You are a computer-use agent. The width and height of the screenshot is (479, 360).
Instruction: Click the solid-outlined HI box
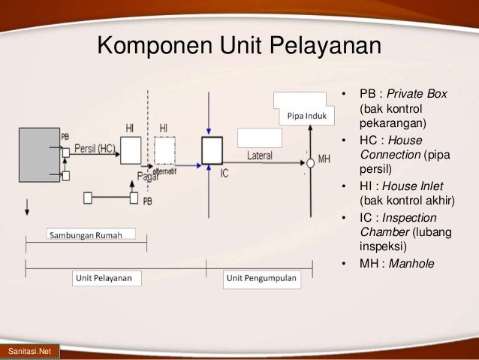pos(131,150)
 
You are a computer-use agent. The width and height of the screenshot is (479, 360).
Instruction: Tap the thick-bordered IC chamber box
pos(212,150)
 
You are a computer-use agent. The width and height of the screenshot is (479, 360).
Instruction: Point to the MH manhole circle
pos(309,162)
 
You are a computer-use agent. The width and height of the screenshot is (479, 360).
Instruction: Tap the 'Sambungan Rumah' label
pos(92,234)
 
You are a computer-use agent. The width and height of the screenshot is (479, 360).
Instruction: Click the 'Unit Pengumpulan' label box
pos(262,278)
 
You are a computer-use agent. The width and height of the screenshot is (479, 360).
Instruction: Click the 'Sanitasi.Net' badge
pos(24,352)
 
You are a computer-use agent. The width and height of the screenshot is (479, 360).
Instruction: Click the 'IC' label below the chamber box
pos(224,174)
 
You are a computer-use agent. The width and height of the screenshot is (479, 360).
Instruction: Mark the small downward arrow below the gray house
pos(28,206)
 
